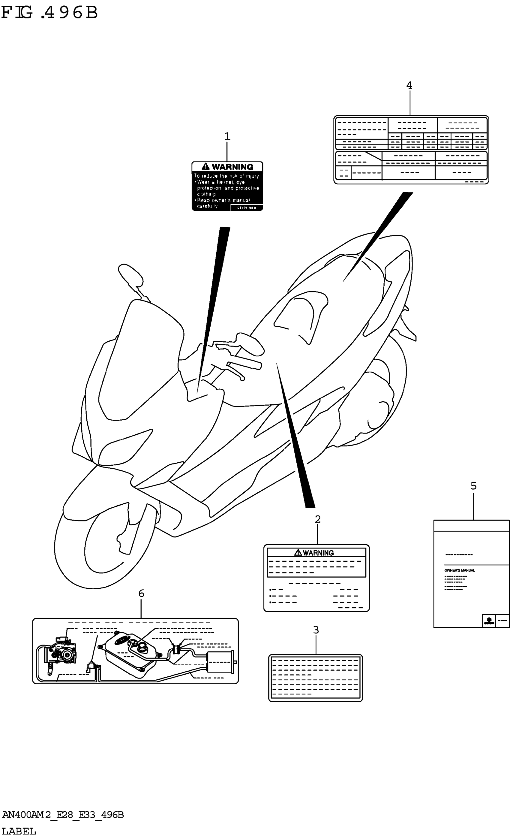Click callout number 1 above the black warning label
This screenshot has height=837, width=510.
(227, 137)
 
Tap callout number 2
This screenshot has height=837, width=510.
(317, 519)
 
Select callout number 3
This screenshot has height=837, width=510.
(316, 630)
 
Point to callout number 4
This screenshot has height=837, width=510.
(409, 86)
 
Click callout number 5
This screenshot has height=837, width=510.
(473, 486)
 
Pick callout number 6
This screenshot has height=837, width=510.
(141, 594)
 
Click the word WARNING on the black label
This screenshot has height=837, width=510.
(232, 167)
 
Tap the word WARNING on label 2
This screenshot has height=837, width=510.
(318, 553)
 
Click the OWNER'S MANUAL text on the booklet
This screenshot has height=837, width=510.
(459, 570)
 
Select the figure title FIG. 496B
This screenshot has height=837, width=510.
(49, 13)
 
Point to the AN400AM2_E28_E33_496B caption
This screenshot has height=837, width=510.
(63, 814)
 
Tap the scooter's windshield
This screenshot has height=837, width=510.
(139, 360)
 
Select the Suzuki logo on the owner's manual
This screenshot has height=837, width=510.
(488, 621)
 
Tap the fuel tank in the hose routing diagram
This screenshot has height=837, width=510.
(131, 654)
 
